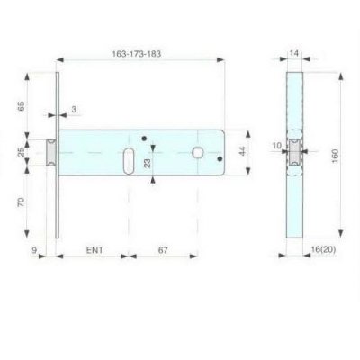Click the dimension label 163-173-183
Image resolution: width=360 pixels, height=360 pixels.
[x=137, y=54]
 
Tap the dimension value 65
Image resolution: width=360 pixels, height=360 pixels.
[x=21, y=106]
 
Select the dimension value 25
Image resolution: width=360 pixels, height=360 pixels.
[x=21, y=152]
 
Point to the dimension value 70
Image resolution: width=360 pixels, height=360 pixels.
[x=21, y=202]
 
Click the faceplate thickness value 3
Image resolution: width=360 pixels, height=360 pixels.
[x=74, y=109]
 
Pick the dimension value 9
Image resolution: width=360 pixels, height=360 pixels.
[x=34, y=250]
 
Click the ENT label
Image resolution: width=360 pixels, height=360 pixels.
[x=94, y=250]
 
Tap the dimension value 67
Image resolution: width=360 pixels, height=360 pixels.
[x=163, y=250]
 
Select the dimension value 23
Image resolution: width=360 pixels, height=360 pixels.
[x=148, y=163]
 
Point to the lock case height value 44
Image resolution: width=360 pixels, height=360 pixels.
[x=243, y=151]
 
